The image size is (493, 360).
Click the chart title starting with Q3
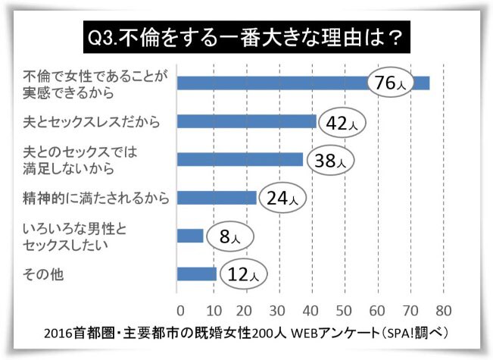(x=245, y=36)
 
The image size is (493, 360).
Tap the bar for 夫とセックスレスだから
(x=246, y=121)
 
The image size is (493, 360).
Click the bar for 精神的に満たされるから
(x=217, y=198)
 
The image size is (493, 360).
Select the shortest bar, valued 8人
(x=190, y=236)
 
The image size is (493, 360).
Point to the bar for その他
(x=196, y=274)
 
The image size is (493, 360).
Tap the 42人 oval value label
(x=340, y=122)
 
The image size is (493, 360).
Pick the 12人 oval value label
(x=241, y=274)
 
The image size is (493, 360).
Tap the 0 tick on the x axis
(x=179, y=310)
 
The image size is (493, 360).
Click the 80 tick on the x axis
(x=443, y=310)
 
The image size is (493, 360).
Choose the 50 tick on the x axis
(x=344, y=310)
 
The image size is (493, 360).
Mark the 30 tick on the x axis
(x=278, y=310)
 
